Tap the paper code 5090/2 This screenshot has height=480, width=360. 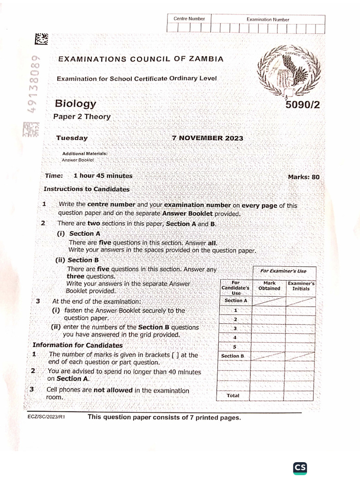tap(302, 105)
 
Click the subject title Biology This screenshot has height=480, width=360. tap(75, 104)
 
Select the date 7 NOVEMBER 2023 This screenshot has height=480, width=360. tap(208, 138)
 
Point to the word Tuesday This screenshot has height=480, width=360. tap(72, 138)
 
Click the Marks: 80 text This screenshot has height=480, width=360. tap(303, 177)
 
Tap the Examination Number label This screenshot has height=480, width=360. tap(268, 19)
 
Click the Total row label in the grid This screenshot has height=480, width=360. tap(233, 396)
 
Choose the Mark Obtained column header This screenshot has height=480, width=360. tap(269, 286)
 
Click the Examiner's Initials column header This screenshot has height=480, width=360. tap(301, 286)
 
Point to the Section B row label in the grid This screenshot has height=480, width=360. tap(233, 356)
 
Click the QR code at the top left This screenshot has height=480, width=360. tap(41, 39)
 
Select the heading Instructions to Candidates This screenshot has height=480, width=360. tap(86, 189)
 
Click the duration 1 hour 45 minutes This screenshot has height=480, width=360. tap(103, 176)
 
